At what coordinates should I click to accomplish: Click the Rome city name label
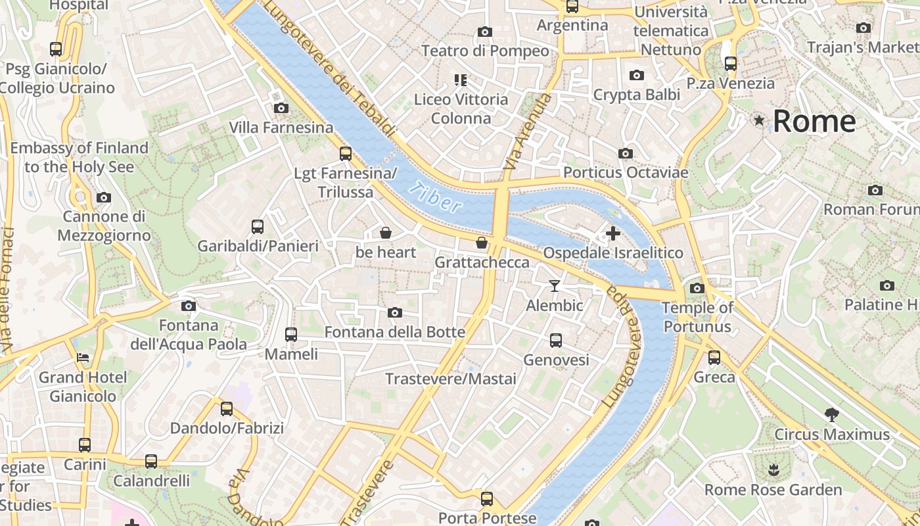(x=814, y=122)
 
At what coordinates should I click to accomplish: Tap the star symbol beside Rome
(x=760, y=120)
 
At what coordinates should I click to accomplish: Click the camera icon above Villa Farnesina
(x=281, y=108)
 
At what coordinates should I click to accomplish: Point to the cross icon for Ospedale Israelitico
(x=612, y=233)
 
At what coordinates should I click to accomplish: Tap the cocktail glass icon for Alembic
(x=555, y=286)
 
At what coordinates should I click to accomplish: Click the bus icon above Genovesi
(x=556, y=341)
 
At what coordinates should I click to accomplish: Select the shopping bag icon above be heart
(x=386, y=233)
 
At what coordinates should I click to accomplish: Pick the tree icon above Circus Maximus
(x=831, y=415)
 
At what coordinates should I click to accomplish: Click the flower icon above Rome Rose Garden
(x=773, y=470)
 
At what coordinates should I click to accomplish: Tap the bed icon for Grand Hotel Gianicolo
(x=83, y=358)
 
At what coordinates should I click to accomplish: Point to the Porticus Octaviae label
(x=626, y=173)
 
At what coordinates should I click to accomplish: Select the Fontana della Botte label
(x=395, y=332)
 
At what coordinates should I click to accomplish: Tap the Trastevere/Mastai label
(x=451, y=379)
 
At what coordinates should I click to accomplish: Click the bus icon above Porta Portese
(x=487, y=498)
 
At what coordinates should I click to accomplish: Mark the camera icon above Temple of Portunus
(x=697, y=288)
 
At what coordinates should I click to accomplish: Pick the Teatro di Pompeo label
(x=485, y=51)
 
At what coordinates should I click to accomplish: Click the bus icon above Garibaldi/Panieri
(x=258, y=227)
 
